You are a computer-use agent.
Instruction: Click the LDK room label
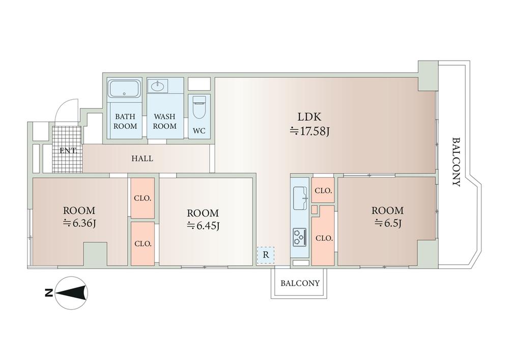[x=308, y=116]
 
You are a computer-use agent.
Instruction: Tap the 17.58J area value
[x=310, y=132]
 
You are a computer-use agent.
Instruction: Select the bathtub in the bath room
[x=125, y=89]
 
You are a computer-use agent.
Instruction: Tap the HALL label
[x=143, y=158]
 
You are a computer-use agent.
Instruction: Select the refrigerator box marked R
[x=266, y=255]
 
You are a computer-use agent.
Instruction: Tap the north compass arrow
[x=71, y=293]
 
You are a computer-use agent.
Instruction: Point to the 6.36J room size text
[x=79, y=223]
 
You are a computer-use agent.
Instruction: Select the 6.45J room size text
[x=203, y=226]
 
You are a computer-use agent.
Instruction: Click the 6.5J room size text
[x=387, y=223]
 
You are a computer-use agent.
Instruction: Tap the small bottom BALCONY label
[x=300, y=283]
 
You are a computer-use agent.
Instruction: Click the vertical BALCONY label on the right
[x=456, y=162]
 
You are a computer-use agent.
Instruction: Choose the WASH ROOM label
[x=165, y=121]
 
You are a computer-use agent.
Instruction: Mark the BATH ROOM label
[x=125, y=121]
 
